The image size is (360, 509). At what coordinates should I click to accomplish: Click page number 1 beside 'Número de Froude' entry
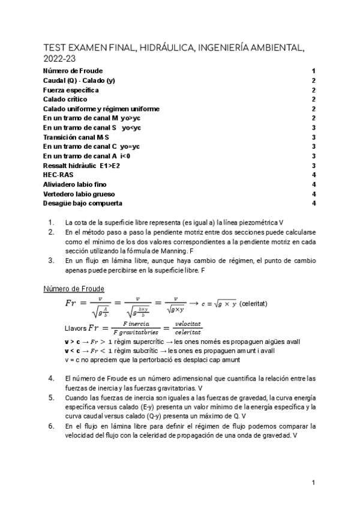pos(313,71)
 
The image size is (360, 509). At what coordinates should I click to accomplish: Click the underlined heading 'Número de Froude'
pos(74,289)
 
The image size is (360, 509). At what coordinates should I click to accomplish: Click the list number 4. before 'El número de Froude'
pos(51,378)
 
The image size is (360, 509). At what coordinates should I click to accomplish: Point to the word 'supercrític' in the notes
pos(139,342)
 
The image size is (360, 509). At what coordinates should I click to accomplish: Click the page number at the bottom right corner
pos(313,483)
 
